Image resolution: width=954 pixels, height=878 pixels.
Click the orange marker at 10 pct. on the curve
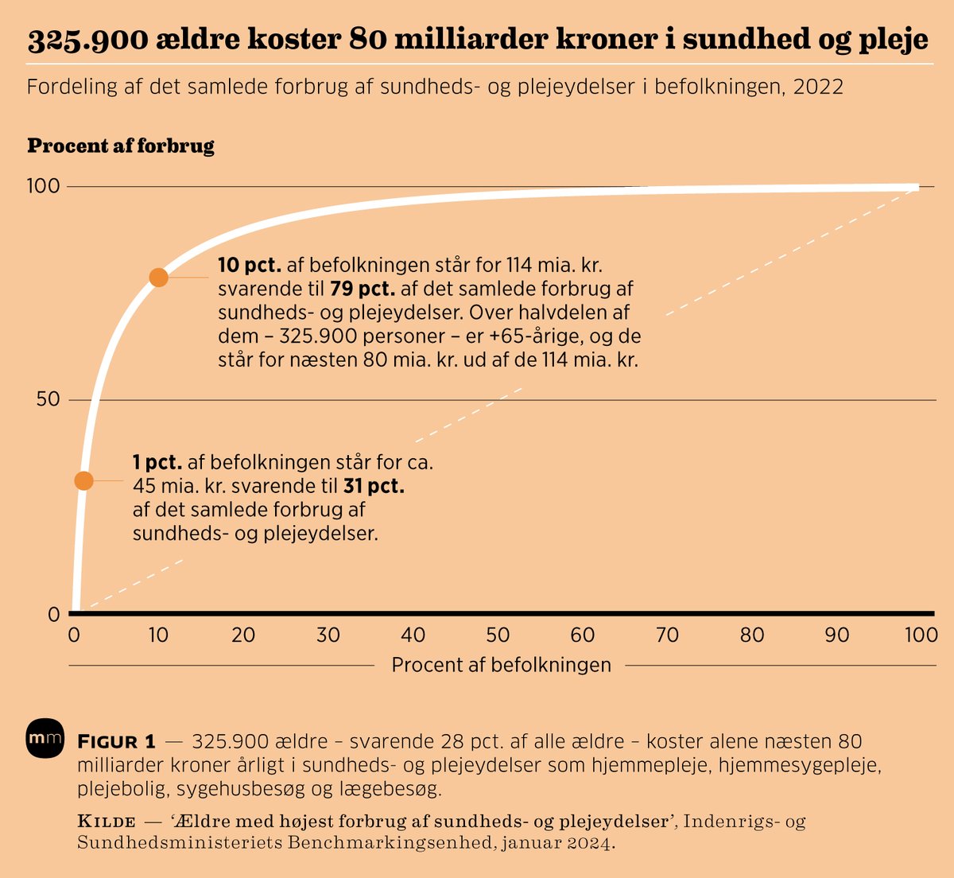pos(158,277)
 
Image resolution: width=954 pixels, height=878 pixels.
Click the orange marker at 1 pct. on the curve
pos(83,480)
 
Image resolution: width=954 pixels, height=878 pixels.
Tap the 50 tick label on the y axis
pos(48,399)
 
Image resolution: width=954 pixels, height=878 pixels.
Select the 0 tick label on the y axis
pos(54,614)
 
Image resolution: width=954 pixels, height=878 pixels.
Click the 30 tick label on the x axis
pos(328,635)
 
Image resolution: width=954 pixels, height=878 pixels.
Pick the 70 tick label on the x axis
pos(667,635)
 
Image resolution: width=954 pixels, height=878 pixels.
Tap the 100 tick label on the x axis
pos(921,635)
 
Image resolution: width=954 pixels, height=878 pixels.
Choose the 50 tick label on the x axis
pos(498,635)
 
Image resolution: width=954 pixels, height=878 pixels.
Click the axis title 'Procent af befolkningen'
pos(501,665)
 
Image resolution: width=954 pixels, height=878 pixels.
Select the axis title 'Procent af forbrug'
pos(121,146)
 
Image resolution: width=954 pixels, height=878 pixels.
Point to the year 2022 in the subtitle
pos(816,86)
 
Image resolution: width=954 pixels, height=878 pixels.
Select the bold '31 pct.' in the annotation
pos(374,485)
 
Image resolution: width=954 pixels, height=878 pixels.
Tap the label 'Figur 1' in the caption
pos(116,742)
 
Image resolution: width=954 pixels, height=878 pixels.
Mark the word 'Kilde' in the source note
pos(107,821)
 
